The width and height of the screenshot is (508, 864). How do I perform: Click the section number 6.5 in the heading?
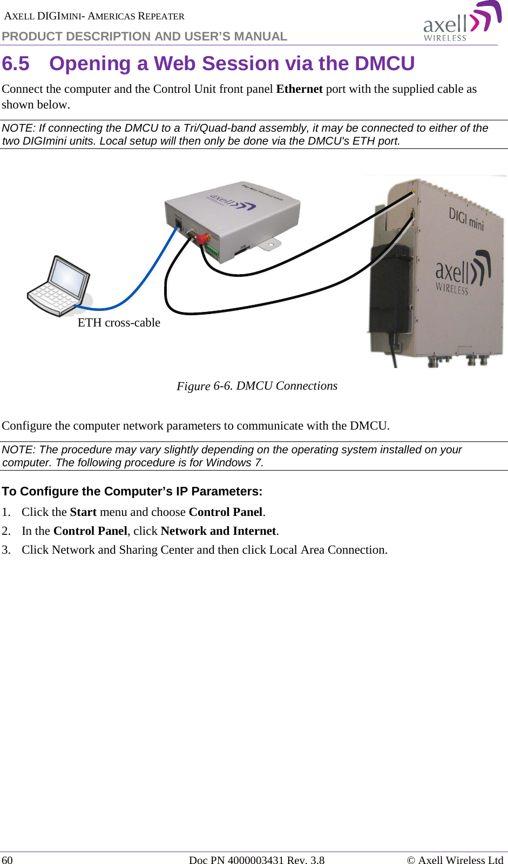(x=16, y=64)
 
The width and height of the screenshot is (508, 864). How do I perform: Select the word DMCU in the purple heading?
(x=384, y=64)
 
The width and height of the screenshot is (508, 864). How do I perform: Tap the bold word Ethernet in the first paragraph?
(x=299, y=89)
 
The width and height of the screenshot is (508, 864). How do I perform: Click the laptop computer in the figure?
(x=58, y=287)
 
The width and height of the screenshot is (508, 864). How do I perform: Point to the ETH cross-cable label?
(x=119, y=323)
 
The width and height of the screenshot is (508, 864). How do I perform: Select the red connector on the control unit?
(x=202, y=238)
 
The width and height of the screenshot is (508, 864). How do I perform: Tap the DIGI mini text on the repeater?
(x=466, y=219)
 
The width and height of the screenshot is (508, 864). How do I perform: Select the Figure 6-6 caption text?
(x=257, y=386)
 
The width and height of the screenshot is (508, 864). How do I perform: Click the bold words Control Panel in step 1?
(x=225, y=512)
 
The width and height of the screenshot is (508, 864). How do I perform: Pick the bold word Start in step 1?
(x=83, y=512)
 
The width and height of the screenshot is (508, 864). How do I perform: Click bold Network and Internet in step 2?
(x=218, y=531)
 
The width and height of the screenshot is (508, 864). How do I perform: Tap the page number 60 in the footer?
(x=8, y=860)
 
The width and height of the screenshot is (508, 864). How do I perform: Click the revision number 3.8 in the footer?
(x=317, y=860)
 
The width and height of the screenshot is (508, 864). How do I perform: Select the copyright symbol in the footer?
(x=411, y=860)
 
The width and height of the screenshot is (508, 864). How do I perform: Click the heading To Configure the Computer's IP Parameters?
(x=132, y=492)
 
